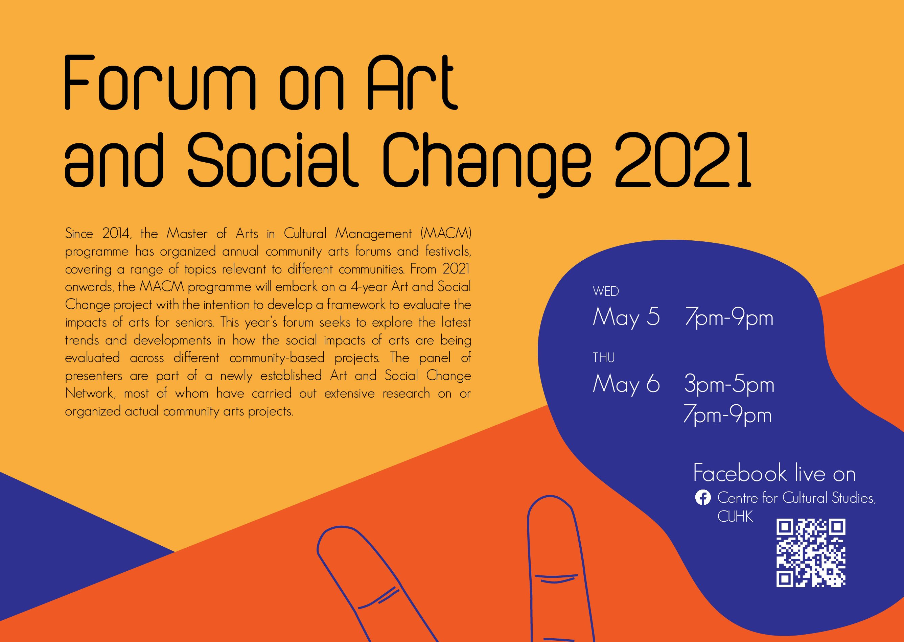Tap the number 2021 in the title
point(682,160)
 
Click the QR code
point(811,553)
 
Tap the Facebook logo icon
point(703,498)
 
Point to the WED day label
point(605,291)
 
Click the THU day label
point(603,358)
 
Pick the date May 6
point(626,383)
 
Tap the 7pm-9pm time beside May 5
point(728,318)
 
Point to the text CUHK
point(735,517)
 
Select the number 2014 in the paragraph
point(116,234)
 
